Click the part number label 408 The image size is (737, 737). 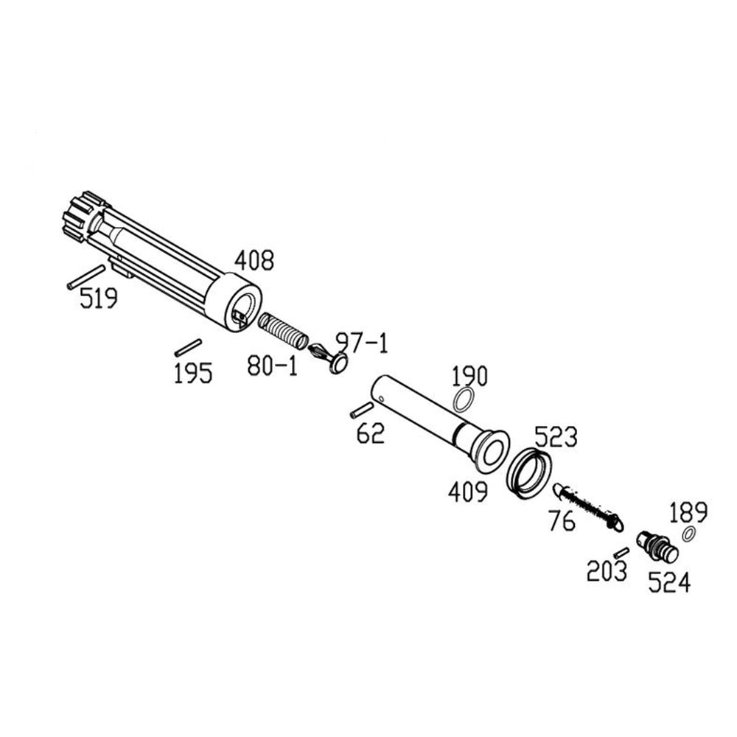coord(254,260)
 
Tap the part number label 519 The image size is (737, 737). coord(99,299)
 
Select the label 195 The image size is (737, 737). coord(193,373)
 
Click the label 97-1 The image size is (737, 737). coord(361,342)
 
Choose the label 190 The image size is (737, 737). coord(469,377)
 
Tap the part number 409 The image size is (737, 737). coord(468,492)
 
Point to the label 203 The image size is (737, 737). coord(607,570)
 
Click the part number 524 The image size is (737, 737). coord(669,584)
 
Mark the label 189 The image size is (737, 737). coord(688,511)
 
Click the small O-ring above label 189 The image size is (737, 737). coord(691,534)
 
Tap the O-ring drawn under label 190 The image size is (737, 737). coord(463,402)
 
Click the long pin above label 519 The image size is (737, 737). coord(86,276)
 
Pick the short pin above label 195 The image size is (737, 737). coord(188,345)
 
